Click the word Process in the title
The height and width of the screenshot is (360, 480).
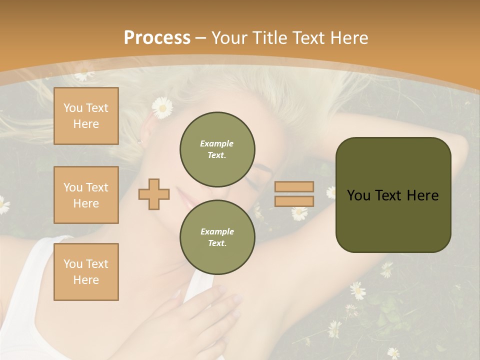(157, 38)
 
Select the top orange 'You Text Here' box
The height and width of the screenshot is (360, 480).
(86, 116)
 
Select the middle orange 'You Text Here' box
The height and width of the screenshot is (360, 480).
(86, 195)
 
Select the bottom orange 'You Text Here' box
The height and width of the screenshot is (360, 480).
(86, 271)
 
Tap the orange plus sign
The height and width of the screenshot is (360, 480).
(153, 194)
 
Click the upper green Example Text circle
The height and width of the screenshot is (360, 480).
(217, 149)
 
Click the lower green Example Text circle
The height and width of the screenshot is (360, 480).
(217, 237)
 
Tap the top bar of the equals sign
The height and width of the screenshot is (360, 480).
(294, 186)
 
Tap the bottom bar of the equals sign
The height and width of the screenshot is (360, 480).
(294, 201)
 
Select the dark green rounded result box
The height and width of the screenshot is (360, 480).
(393, 194)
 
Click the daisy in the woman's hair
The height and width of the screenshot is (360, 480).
(162, 107)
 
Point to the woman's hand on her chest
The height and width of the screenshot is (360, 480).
(210, 315)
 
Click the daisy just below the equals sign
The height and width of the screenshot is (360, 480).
(299, 213)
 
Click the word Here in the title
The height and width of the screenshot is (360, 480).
(347, 38)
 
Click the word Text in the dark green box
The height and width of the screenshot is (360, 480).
(390, 195)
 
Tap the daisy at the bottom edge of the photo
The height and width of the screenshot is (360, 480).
(393, 353)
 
